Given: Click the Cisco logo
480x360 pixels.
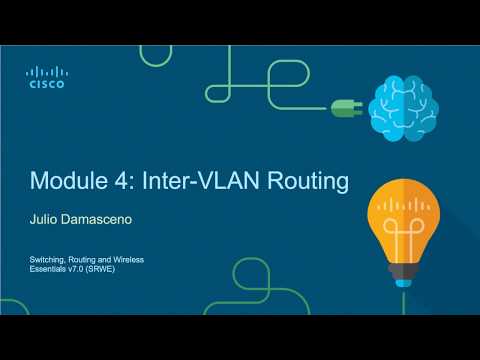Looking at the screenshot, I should click(46, 77).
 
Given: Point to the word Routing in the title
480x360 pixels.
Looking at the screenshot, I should click(304, 183).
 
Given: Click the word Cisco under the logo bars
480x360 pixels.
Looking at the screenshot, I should click(46, 85).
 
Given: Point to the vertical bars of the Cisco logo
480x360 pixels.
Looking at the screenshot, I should click(46, 72).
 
